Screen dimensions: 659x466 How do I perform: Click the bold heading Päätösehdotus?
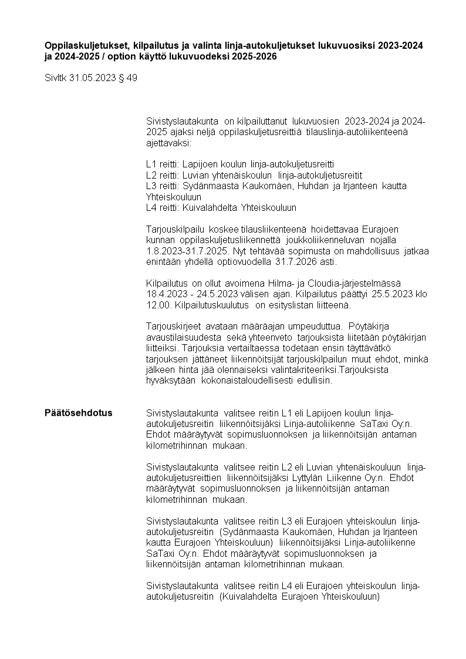click(x=78, y=413)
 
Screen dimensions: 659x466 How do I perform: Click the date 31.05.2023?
click(x=93, y=78)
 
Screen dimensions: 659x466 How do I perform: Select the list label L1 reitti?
click(x=163, y=164)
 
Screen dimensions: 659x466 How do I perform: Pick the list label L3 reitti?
click(x=163, y=186)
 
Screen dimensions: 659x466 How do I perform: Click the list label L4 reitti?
click(x=163, y=207)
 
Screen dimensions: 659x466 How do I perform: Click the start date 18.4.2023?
click(x=166, y=294)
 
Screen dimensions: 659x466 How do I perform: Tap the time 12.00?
click(x=157, y=305)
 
